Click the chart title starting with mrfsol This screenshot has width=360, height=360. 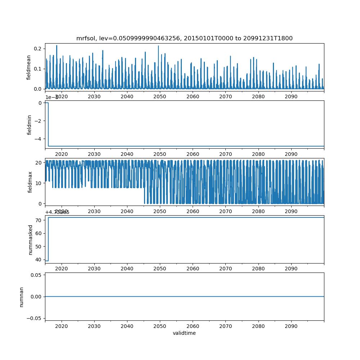[184, 38]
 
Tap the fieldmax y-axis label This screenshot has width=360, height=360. [30, 181]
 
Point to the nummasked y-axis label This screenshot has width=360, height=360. [31, 239]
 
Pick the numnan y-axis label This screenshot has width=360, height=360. [22, 297]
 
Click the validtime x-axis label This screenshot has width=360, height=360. [184, 333]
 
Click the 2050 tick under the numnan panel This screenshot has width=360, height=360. [160, 326]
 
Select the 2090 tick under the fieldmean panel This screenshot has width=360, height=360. [291, 96]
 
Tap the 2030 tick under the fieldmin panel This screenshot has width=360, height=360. [94, 154]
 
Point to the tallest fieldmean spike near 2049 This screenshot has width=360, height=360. [158, 46]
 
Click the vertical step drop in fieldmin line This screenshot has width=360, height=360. [48, 124]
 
